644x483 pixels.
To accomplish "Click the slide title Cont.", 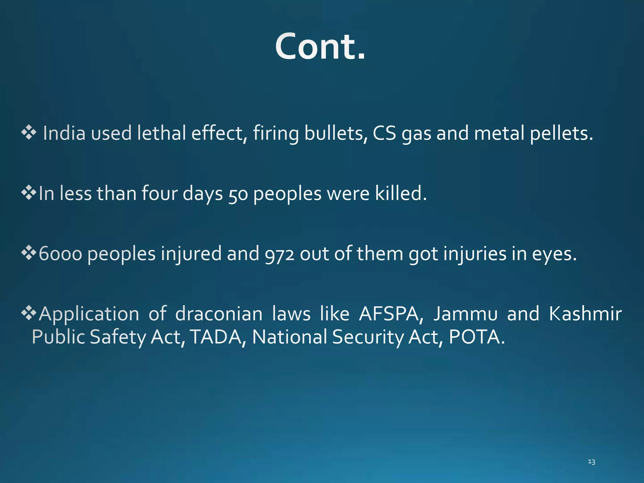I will click(x=320, y=47).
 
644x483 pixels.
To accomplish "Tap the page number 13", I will click(x=591, y=462).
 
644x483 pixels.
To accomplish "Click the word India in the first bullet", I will click(x=64, y=133).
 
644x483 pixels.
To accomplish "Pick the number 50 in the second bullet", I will click(x=238, y=194).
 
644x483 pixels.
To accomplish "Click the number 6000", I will click(x=60, y=254).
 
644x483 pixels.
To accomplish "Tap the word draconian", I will click(x=219, y=314).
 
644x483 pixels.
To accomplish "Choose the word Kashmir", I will click(x=585, y=314).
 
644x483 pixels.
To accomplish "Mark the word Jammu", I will click(x=465, y=314).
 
